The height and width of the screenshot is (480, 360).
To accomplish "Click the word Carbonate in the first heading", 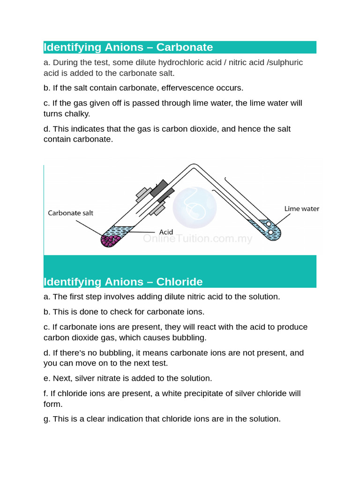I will click(184, 47).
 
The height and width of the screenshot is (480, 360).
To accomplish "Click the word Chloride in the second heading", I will click(180, 282).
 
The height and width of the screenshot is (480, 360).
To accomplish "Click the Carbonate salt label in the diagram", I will click(70, 213).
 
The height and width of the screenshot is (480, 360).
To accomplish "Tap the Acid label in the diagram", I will click(166, 232).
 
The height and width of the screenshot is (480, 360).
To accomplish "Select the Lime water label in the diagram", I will click(301, 209).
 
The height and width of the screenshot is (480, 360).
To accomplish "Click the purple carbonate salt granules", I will click(110, 240).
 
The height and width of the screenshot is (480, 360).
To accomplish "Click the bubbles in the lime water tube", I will click(270, 228).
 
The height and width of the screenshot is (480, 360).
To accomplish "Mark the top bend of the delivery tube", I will click(193, 167).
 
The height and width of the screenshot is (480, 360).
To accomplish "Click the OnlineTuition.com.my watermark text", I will click(197, 239).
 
